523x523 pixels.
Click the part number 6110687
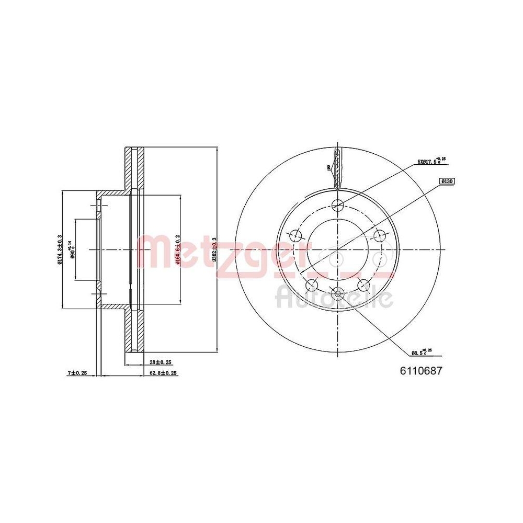[x=422, y=371]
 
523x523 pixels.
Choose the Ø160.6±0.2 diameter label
[x=178, y=249]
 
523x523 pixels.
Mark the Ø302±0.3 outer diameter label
[x=214, y=249]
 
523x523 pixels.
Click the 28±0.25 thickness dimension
[x=161, y=362]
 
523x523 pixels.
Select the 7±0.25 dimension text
[x=77, y=373]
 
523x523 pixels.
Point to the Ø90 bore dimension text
[x=73, y=249]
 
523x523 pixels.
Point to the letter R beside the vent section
[x=328, y=168]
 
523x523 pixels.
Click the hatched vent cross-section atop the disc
[x=338, y=167]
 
